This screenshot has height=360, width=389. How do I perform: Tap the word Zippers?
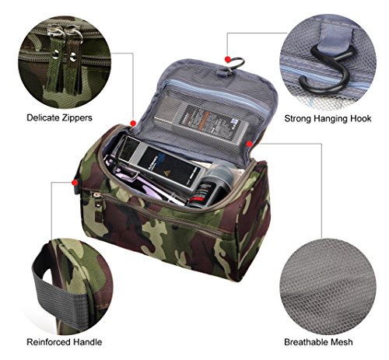(76, 118)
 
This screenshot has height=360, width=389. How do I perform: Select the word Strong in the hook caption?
(299, 118)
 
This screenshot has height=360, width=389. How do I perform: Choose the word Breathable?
(310, 341)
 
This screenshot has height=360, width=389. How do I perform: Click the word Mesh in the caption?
(348, 341)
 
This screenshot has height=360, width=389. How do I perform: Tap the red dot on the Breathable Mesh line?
(247, 144)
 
